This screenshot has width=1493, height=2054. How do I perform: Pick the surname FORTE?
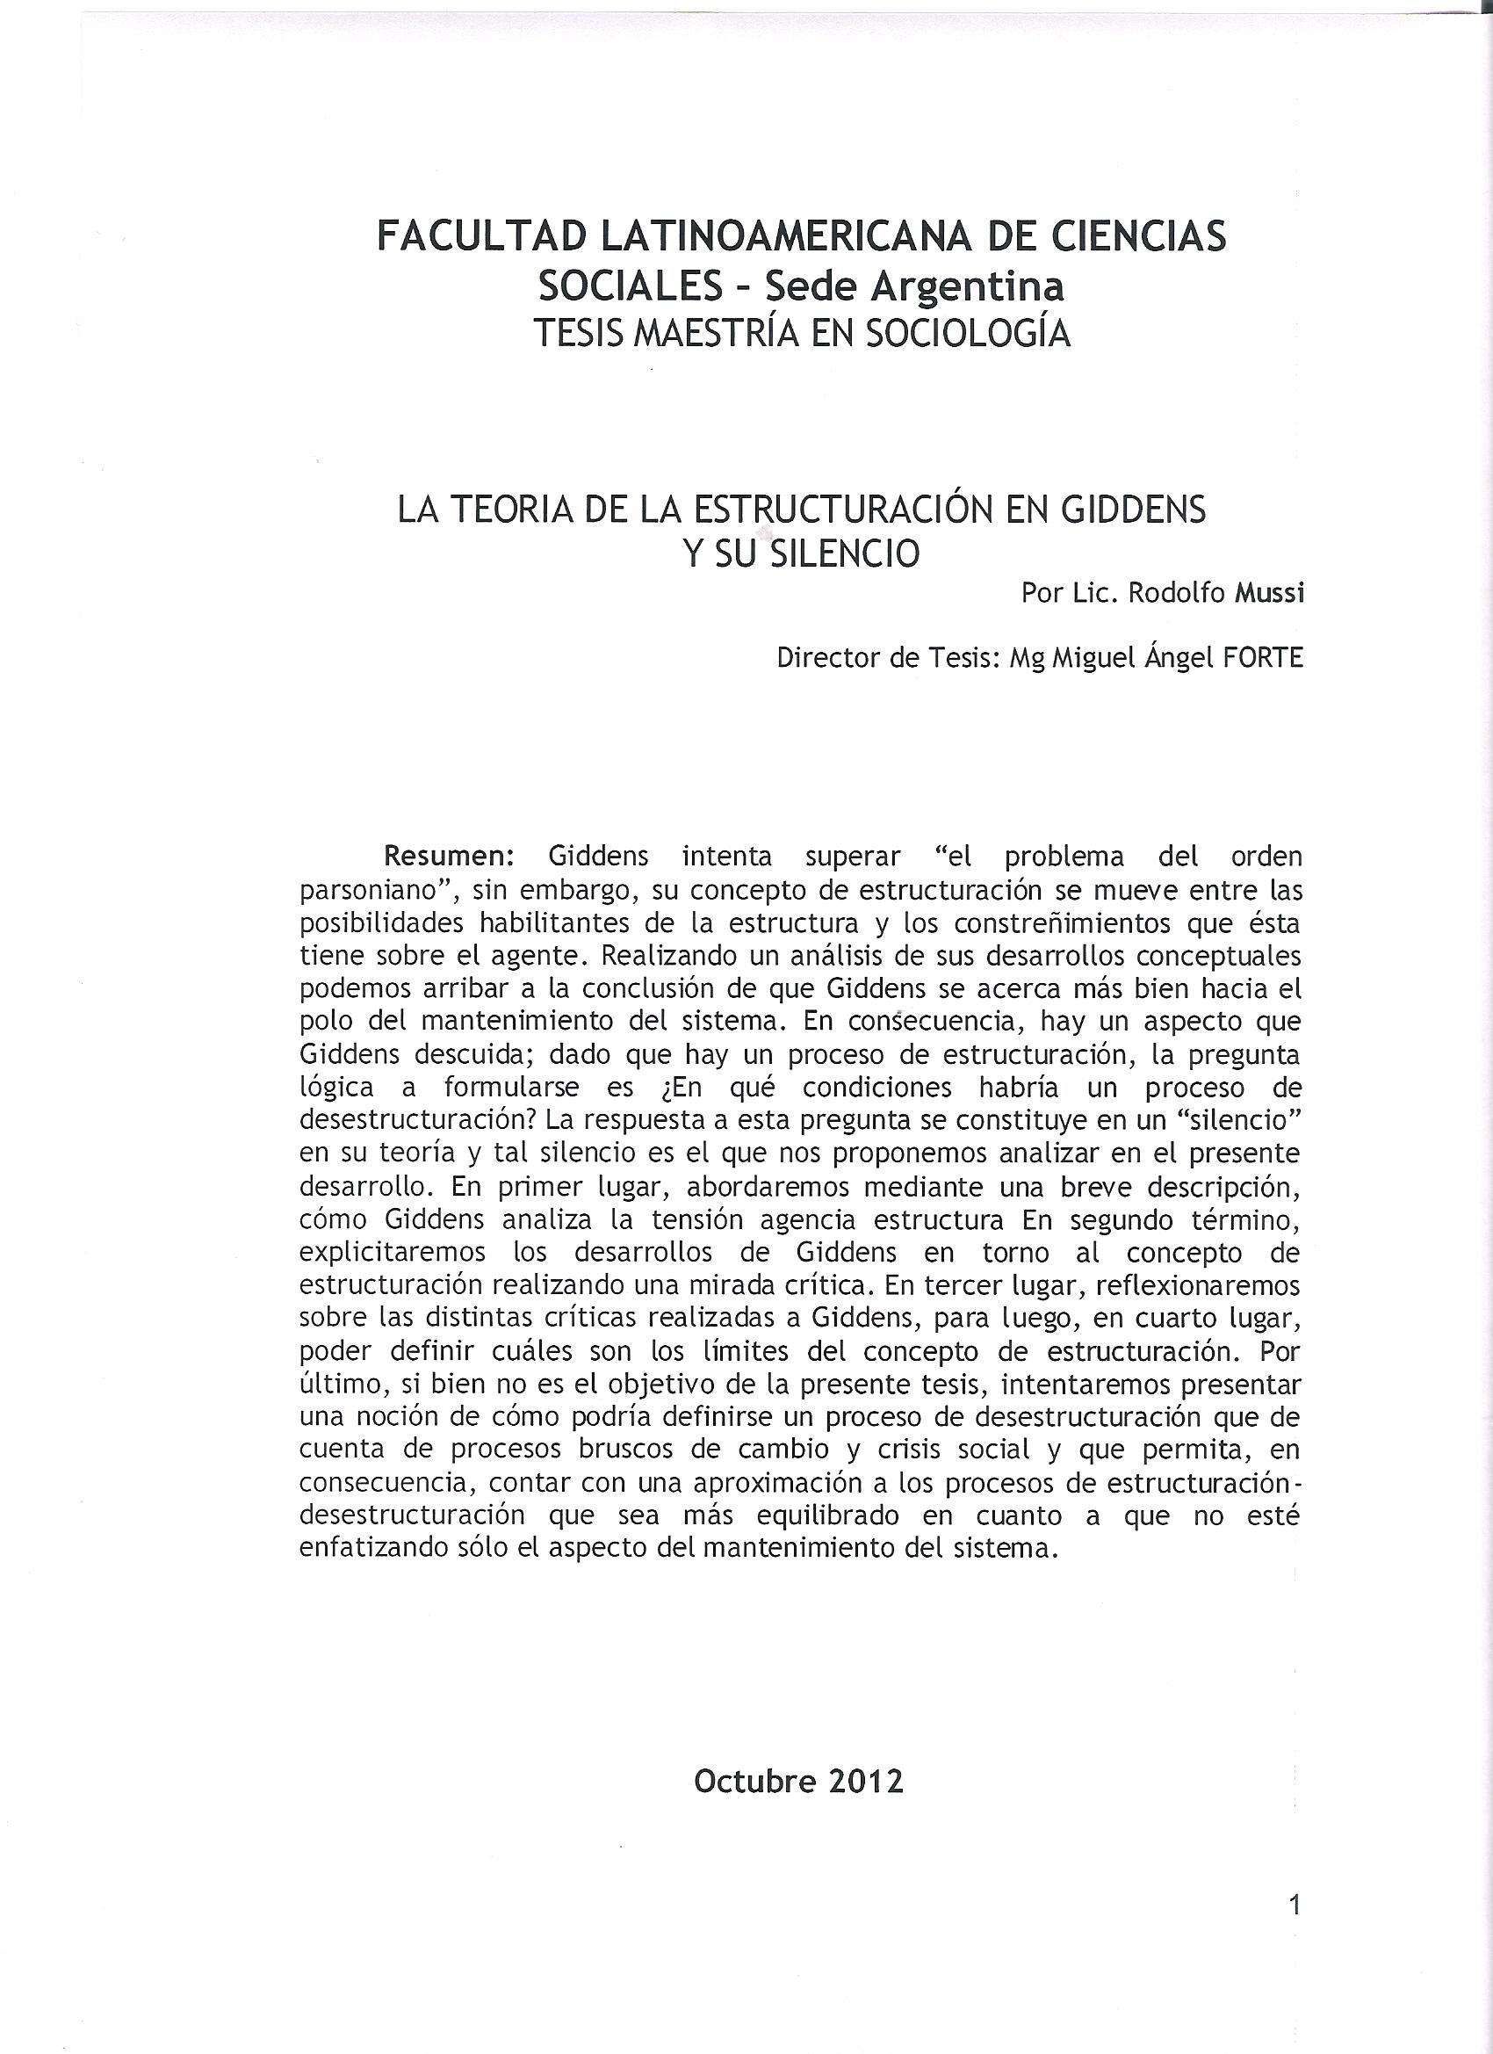point(1263,658)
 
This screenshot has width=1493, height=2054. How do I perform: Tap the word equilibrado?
point(826,1515)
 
